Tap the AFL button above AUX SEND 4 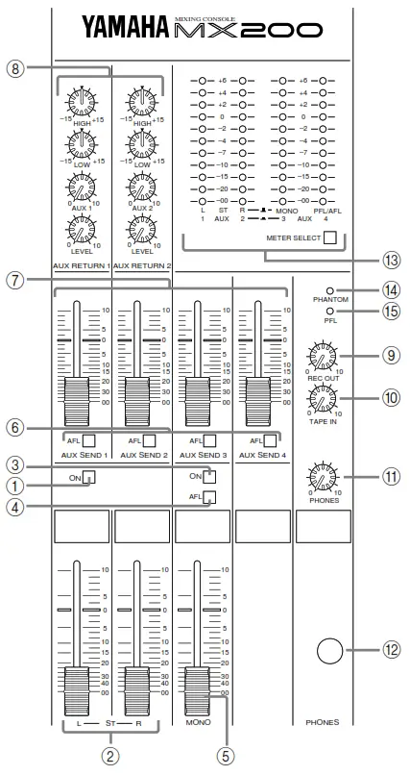click(x=270, y=439)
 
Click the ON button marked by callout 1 click(x=88, y=476)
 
